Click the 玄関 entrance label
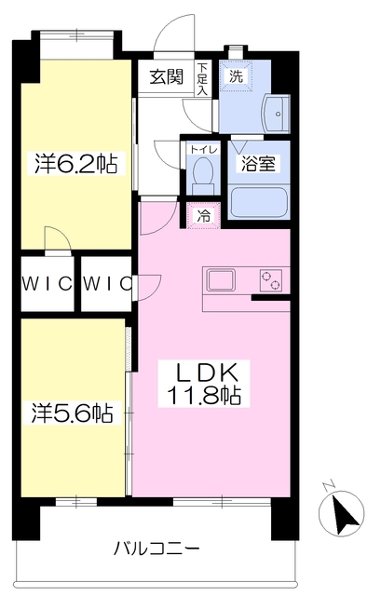[x=166, y=77]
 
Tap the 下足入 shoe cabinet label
[x=202, y=79]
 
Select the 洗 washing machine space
[x=236, y=76]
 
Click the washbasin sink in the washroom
[x=277, y=114]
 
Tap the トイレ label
[x=203, y=149]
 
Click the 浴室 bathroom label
[x=259, y=164]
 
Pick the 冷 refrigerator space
[x=203, y=216]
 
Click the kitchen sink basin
[x=221, y=280]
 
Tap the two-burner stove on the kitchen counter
[x=271, y=280]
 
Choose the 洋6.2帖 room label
[x=76, y=164]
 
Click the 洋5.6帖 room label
[x=73, y=413]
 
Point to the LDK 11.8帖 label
[x=204, y=384]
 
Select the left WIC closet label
[x=48, y=283]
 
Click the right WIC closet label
[x=107, y=283]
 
